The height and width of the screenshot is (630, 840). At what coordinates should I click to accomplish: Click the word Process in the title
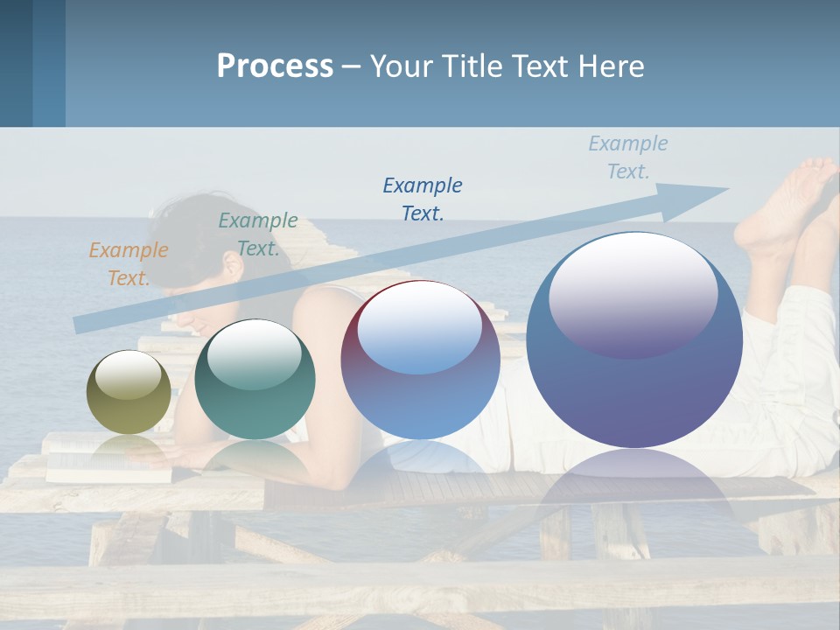tap(275, 66)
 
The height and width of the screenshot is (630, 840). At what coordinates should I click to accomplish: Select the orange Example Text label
tap(129, 264)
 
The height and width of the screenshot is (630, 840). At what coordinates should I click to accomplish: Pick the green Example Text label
tap(258, 234)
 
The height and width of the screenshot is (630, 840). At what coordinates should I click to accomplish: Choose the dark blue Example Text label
tap(423, 199)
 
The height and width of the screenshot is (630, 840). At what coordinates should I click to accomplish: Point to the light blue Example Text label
tap(628, 157)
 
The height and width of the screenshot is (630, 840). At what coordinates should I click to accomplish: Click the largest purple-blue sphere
tap(634, 385)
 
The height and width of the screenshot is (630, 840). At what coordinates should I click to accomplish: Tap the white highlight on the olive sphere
tap(129, 374)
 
